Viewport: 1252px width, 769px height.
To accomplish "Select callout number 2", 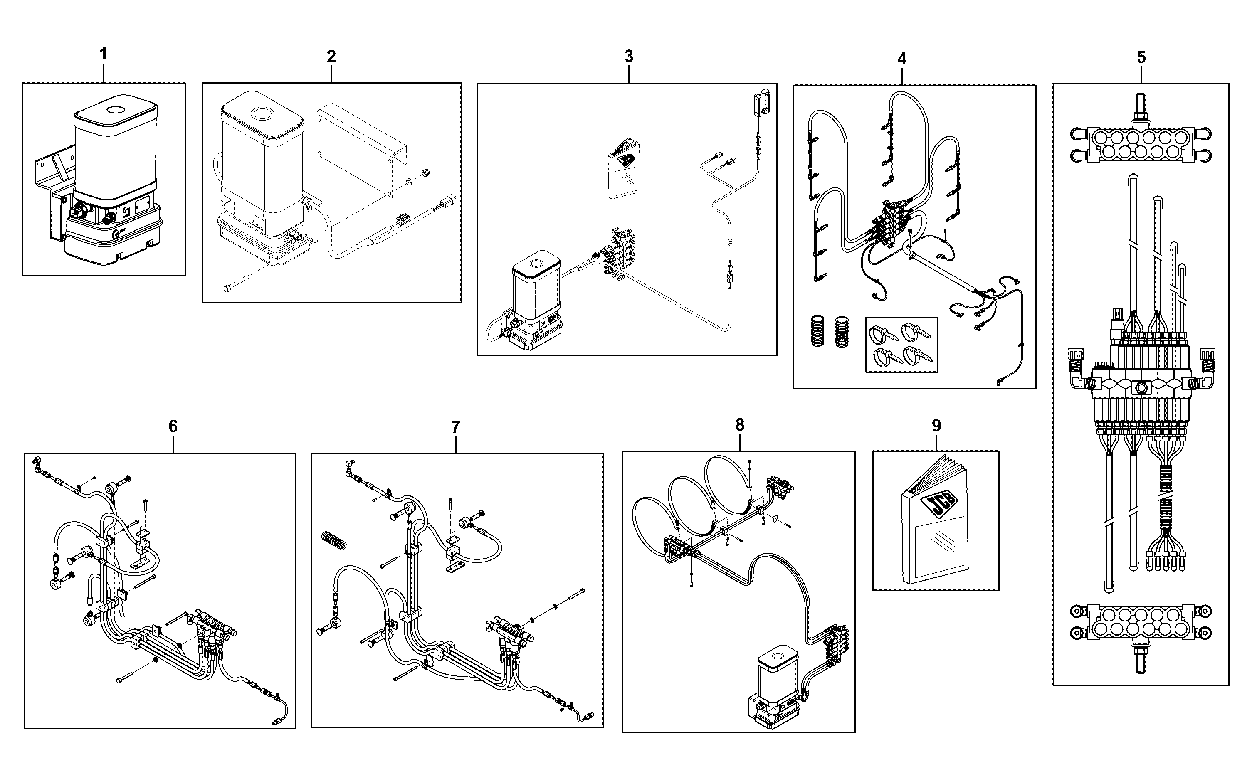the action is tap(331, 57).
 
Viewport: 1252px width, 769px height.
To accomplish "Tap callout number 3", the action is tap(629, 57).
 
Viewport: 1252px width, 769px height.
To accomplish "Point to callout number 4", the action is tap(901, 59).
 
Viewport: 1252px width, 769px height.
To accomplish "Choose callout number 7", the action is tap(455, 427).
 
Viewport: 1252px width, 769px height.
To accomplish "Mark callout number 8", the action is tap(740, 425).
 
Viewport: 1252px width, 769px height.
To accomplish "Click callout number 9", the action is tap(936, 426).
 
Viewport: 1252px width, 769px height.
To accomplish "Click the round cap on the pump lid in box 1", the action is tap(116, 109).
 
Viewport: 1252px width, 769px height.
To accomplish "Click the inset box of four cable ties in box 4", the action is tap(901, 345).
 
